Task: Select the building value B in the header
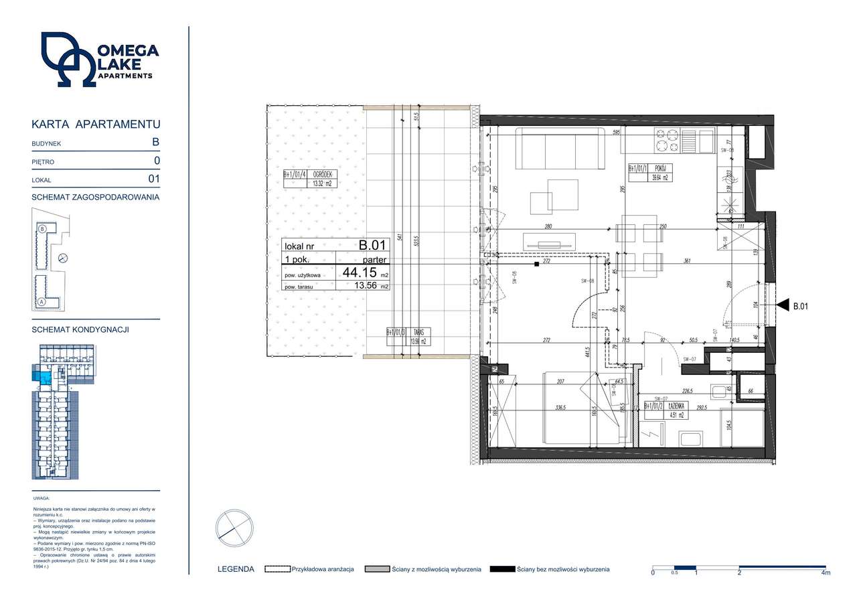[x=155, y=142]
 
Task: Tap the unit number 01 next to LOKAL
[x=154, y=179]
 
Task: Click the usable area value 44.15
[x=360, y=273]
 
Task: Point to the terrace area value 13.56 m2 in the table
[x=368, y=286]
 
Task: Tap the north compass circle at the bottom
[x=234, y=528]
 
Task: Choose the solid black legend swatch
[x=501, y=569]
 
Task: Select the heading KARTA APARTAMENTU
[x=96, y=125]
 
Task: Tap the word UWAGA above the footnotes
[x=41, y=499]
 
